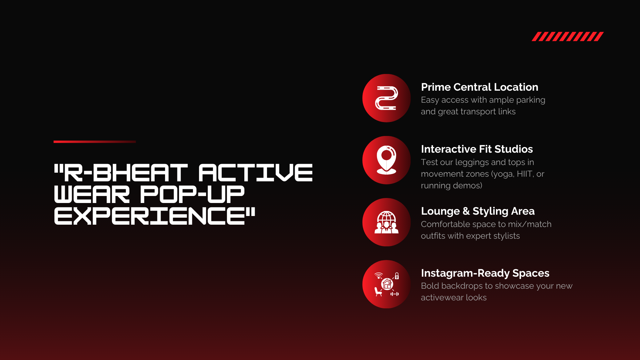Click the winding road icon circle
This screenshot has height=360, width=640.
(x=386, y=98)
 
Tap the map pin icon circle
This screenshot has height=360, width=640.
(x=386, y=160)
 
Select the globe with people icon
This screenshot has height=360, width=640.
(x=386, y=222)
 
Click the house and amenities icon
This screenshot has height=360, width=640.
(x=387, y=284)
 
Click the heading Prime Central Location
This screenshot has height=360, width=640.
(x=479, y=87)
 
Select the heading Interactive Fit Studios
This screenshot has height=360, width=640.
(x=477, y=149)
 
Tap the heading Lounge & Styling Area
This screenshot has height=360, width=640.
(x=478, y=211)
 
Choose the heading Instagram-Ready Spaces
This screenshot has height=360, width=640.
(x=485, y=273)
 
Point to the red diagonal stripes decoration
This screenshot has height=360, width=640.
(x=568, y=36)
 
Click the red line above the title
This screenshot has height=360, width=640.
(x=95, y=142)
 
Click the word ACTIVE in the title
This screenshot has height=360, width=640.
(x=256, y=173)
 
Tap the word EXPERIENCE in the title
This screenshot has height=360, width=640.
(x=150, y=216)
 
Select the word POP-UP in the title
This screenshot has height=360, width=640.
(x=192, y=194)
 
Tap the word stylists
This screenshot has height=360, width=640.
(x=507, y=236)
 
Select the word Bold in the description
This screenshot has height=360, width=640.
(x=429, y=286)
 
